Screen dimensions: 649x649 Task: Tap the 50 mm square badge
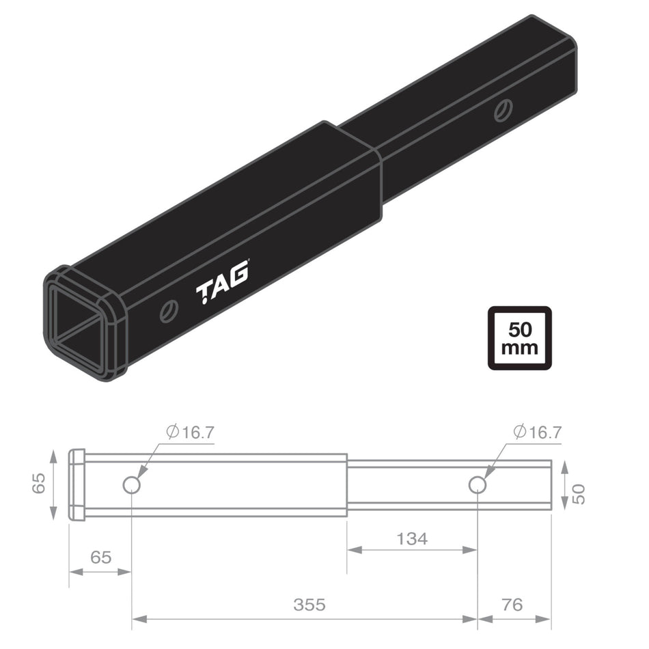519,338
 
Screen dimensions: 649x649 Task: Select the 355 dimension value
309,605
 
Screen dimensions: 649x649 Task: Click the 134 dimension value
412,539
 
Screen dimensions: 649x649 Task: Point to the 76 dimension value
512,605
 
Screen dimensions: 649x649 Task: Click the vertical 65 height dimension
39,485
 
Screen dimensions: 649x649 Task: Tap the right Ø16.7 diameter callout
537,432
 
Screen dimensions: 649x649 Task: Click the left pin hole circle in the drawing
132,485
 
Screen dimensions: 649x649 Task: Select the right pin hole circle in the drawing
478,484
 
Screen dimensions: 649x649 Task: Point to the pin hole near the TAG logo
168,312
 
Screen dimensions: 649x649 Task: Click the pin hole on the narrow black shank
504,110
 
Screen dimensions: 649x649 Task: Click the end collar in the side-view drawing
77,485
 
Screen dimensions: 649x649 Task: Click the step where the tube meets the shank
348,485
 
